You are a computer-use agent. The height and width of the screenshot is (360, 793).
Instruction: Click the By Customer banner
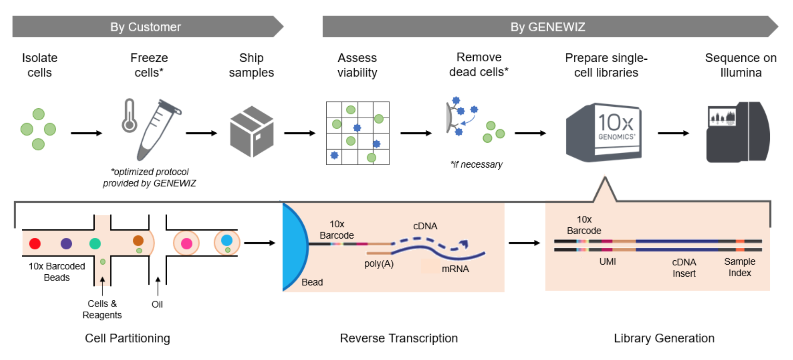145,27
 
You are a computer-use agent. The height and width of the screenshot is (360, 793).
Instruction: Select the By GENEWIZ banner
547,27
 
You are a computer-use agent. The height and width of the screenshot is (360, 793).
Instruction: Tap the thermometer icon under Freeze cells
129,116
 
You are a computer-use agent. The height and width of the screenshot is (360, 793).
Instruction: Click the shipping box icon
252,132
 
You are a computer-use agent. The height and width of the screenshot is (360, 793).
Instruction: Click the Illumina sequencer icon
737,132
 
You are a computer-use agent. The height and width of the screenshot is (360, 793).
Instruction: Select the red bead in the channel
35,244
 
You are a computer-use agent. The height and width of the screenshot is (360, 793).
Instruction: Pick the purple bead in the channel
66,244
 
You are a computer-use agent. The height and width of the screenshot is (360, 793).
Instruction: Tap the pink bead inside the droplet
187,244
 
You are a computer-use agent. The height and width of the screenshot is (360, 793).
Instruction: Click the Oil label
157,305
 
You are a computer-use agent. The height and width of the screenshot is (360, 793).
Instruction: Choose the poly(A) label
379,264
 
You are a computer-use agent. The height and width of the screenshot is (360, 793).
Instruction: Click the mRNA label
455,269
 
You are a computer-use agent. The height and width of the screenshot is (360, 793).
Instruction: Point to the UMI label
607,262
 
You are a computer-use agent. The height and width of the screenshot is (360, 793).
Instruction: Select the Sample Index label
739,267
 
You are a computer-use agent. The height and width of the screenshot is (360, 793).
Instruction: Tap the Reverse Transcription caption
398,338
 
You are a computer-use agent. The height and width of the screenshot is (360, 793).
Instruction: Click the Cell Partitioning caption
127,338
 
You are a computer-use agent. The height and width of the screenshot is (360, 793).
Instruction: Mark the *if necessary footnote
476,164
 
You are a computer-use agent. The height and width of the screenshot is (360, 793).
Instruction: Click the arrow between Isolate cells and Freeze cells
86,133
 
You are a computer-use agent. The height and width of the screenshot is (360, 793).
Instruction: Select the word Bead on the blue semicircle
312,282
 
